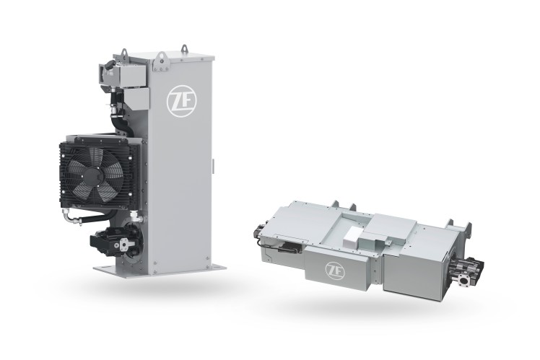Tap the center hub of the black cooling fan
pyautogui.click(x=96, y=174)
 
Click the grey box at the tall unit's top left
pyautogui.click(x=115, y=71)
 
